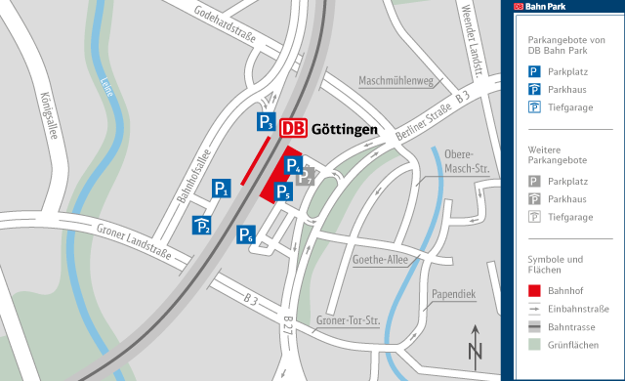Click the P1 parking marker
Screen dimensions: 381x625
[221, 189]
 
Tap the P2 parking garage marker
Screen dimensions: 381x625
[202, 226]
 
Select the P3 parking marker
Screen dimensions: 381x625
[266, 122]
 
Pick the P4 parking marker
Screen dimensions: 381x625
[293, 165]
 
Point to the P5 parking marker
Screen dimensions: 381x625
[282, 191]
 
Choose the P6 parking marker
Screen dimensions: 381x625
[246, 235]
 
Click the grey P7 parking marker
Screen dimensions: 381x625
[306, 177]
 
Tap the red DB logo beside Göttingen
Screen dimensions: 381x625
[293, 128]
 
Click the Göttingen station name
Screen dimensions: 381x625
[345, 129]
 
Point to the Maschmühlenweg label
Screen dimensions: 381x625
[395, 81]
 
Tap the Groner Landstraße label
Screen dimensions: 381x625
[134, 245]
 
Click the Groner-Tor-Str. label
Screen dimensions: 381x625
[348, 320]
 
